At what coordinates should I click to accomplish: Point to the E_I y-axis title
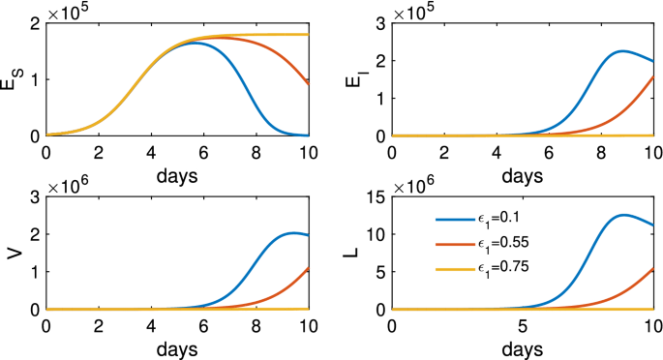(x=356, y=77)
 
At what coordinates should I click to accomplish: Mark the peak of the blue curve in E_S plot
(x=194, y=43)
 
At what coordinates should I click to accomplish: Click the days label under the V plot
(x=177, y=345)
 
